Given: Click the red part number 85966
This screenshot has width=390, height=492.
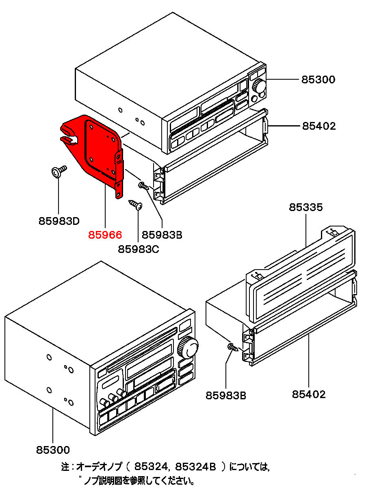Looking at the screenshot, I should [x=105, y=235].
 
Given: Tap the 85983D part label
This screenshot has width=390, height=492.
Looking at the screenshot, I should [x=59, y=221].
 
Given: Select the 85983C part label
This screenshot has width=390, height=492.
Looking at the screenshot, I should [x=139, y=248].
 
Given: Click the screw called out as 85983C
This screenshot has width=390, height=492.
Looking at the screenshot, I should [x=135, y=204].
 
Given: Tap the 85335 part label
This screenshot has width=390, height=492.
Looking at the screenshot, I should [x=305, y=207].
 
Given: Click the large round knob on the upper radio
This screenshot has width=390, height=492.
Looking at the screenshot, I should [x=258, y=86].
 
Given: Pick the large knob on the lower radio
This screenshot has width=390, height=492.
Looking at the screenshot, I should [x=188, y=348].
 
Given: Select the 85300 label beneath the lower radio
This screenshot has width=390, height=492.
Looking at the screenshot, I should [x=53, y=450].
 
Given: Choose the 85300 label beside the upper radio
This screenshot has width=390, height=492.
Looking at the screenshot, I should [x=318, y=80].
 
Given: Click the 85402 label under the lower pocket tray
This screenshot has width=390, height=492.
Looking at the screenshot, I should [x=309, y=394].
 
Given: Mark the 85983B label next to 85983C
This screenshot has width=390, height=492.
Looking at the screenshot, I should [x=162, y=235].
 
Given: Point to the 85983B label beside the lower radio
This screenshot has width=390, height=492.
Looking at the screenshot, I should [x=226, y=395].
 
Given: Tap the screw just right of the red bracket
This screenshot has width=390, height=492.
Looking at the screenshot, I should [x=144, y=186].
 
